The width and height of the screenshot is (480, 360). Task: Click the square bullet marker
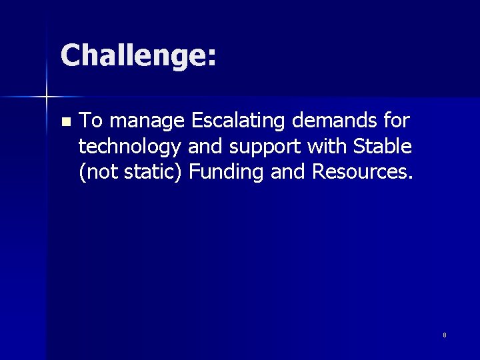click(65, 122)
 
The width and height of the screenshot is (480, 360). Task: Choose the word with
click(328, 146)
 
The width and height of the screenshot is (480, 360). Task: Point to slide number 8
click(444, 335)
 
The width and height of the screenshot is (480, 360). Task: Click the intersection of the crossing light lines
click(47, 97)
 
